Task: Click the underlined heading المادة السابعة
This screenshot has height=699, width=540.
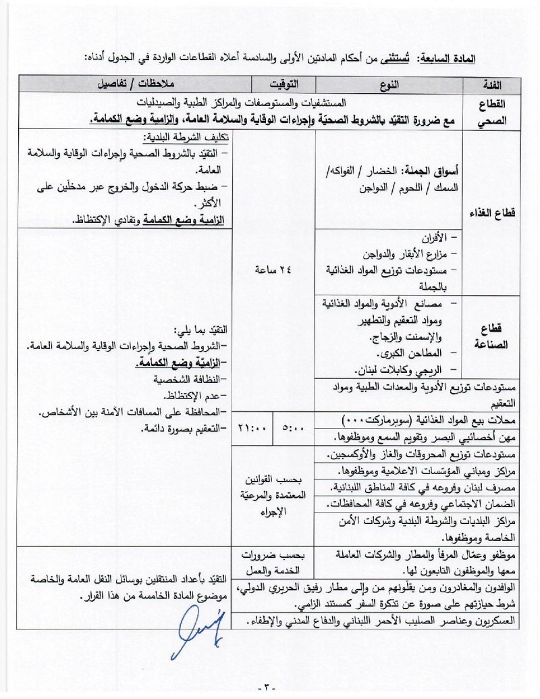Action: [x=450, y=59]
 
